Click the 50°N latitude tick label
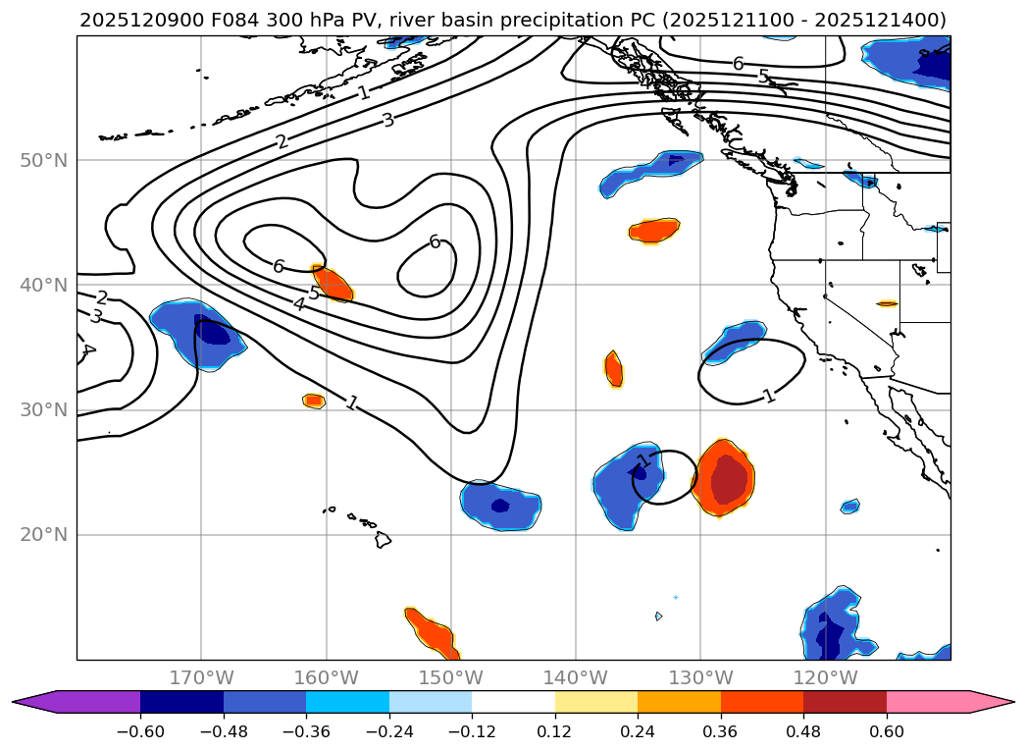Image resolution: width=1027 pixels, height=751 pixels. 44,160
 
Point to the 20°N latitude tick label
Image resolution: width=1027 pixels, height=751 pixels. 44,535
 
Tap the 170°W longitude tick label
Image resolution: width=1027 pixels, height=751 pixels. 201,677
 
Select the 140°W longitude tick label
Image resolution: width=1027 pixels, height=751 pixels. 576,677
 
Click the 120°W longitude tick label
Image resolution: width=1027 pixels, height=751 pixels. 826,677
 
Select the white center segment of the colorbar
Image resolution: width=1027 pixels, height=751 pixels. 513,701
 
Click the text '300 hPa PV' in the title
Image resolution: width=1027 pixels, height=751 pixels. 310,20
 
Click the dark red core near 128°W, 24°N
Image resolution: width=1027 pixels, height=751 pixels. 729,481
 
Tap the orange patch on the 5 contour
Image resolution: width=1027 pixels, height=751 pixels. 334,284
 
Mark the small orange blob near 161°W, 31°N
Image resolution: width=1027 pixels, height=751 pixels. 314,401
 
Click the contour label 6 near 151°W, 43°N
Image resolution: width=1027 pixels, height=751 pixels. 435,241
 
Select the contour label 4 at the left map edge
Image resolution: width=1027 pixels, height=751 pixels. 86,349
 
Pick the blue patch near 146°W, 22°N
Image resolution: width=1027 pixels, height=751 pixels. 500,505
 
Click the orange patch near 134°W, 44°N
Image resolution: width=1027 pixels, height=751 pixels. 653,231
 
